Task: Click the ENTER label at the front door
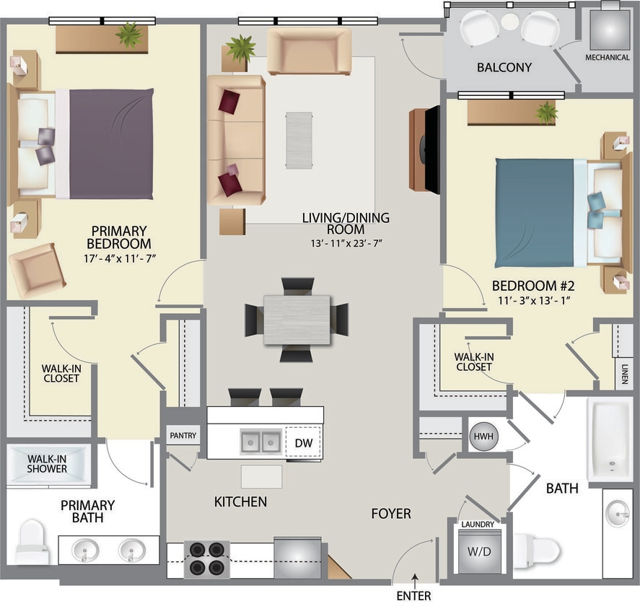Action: click(x=413, y=596)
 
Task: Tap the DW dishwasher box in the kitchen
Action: click(x=304, y=443)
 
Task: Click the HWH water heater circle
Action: click(x=483, y=436)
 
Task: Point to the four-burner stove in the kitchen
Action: click(x=206, y=558)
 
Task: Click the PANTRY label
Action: click(x=182, y=436)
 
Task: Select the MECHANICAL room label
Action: click(x=607, y=58)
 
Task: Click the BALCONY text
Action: click(x=504, y=68)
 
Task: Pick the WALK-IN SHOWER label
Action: click(x=48, y=463)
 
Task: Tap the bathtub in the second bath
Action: click(x=610, y=439)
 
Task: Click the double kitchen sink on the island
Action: click(x=260, y=442)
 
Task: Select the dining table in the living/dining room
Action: click(x=297, y=319)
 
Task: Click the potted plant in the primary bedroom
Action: click(x=129, y=34)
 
